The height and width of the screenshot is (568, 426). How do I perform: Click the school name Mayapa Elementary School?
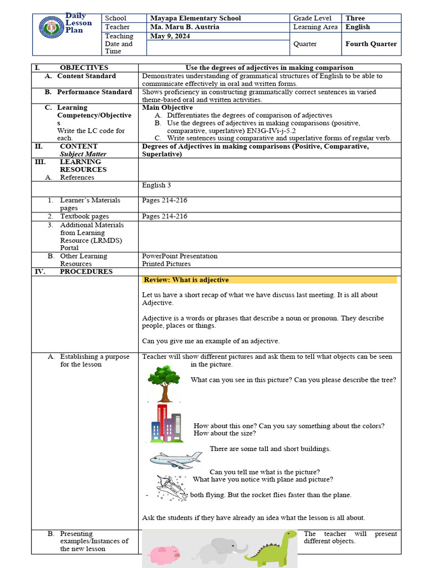(x=195, y=18)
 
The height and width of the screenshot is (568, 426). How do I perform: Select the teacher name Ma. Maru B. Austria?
(x=185, y=27)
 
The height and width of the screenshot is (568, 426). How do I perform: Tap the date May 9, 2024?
(x=166, y=36)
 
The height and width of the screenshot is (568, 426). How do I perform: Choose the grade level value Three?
(x=355, y=18)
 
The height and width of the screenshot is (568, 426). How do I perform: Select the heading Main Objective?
(x=168, y=108)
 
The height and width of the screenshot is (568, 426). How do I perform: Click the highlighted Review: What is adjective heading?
(x=186, y=280)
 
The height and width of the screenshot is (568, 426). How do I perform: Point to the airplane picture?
(x=175, y=460)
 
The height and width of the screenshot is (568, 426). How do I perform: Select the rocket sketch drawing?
(x=172, y=488)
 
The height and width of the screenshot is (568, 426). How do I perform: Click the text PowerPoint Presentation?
(x=180, y=256)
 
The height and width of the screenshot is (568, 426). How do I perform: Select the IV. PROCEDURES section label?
(x=85, y=272)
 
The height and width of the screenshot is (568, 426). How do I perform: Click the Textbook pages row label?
(x=84, y=216)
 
